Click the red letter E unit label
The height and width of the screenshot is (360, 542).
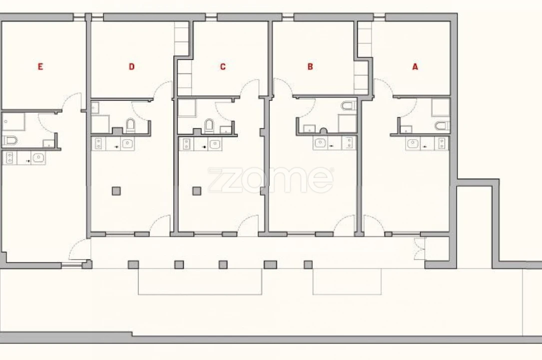click(x=40, y=66)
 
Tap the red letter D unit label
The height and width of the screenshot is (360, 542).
click(x=131, y=66)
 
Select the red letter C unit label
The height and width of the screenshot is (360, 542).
click(x=223, y=66)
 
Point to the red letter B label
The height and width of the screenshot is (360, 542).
click(x=310, y=66)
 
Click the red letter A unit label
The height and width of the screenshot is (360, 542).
click(x=415, y=66)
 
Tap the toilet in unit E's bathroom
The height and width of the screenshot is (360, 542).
click(x=10, y=140)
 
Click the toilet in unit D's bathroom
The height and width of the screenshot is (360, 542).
click(x=130, y=125)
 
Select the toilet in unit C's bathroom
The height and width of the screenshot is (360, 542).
click(x=209, y=125)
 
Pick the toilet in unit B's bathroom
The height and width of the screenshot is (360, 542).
click(x=349, y=105)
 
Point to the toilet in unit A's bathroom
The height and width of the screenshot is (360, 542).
click(x=442, y=125)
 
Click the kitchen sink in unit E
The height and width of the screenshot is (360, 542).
click(x=38, y=158)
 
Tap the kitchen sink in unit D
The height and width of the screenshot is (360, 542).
click(x=127, y=143)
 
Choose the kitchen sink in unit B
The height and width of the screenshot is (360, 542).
click(x=320, y=143)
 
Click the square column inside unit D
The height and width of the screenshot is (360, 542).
click(x=116, y=190)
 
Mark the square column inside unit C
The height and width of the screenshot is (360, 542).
click(x=197, y=190)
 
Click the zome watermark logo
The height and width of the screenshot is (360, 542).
click(x=271, y=180)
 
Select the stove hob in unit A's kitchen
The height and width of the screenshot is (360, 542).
click(x=442, y=143)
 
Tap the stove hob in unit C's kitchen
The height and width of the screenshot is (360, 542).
click(x=186, y=143)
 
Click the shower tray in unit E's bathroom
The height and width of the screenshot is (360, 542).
click(x=13, y=121)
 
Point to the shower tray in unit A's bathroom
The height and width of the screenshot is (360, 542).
click(x=441, y=107)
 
